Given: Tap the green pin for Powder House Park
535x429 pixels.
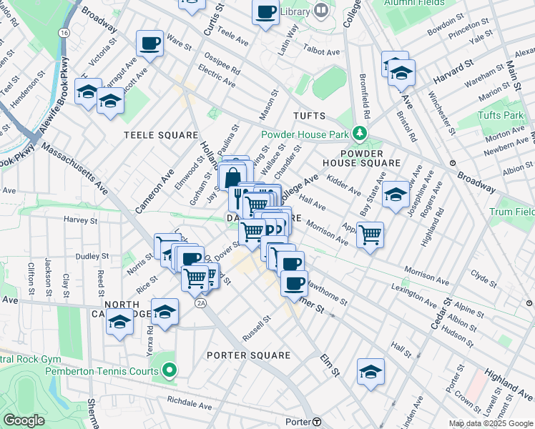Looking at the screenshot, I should click(360, 133).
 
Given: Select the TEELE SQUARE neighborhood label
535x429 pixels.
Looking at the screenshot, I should click(160, 135).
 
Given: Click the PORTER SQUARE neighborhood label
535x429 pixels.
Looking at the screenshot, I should click(248, 355).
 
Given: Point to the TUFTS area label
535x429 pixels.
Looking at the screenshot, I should click(309, 116).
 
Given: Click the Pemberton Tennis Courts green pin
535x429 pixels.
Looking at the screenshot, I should click(169, 370).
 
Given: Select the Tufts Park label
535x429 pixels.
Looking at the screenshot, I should click(501, 115).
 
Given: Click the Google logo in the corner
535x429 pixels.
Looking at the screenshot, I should click(23, 420).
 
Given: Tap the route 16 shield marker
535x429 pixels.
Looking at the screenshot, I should click(64, 34).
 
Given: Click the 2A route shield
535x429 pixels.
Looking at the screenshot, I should click(201, 303).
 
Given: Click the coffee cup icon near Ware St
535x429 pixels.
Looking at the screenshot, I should click(150, 44).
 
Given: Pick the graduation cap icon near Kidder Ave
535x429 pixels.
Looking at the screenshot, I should click(396, 194).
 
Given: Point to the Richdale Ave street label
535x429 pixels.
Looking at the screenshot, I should click(190, 404).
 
